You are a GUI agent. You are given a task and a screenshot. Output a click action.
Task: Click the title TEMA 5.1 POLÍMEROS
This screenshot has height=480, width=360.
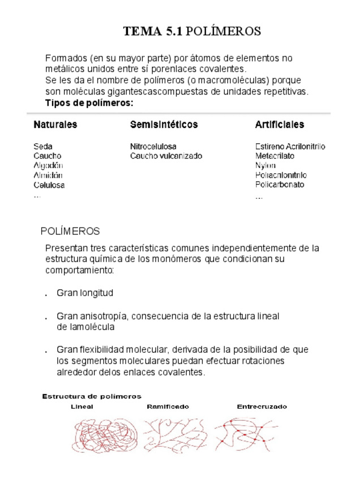click(x=192, y=31)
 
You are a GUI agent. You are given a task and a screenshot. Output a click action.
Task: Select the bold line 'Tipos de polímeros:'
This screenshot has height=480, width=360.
click(x=89, y=103)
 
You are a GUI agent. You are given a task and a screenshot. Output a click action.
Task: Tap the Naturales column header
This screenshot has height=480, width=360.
click(x=55, y=125)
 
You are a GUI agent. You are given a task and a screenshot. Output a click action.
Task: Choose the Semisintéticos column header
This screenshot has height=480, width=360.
click(x=164, y=125)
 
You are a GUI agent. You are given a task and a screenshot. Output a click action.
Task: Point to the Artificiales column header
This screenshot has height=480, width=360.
click(x=279, y=125)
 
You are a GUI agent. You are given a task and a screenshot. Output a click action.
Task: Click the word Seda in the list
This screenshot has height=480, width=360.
click(x=43, y=146)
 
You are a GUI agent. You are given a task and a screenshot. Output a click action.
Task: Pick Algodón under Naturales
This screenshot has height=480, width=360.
click(x=48, y=165)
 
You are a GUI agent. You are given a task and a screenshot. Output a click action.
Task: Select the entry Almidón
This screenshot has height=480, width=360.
click(x=48, y=175)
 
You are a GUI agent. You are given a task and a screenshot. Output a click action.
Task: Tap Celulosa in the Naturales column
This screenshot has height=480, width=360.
click(x=49, y=185)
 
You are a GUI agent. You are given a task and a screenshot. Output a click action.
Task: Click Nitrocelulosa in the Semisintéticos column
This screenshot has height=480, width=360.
click(x=153, y=146)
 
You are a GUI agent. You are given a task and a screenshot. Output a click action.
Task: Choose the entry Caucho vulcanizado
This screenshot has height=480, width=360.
click(x=166, y=156)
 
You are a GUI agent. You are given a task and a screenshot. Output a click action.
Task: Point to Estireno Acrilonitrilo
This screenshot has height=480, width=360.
click(x=290, y=146)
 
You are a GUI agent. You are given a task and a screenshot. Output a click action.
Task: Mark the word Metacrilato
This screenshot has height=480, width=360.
click(x=276, y=156)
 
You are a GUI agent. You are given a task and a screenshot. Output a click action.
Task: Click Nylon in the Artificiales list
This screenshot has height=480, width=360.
click(x=265, y=165)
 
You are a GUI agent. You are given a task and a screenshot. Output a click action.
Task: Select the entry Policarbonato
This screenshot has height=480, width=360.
click(x=280, y=185)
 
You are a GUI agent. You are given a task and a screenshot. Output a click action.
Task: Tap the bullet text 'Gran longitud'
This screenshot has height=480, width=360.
click(x=85, y=293)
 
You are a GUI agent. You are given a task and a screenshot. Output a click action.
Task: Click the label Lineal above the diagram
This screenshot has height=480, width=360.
click(x=82, y=406)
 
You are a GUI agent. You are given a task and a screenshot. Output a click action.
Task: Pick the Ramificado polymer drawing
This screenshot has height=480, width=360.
click(x=169, y=435)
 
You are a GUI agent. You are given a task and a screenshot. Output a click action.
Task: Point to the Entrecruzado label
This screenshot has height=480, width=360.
click(x=262, y=406)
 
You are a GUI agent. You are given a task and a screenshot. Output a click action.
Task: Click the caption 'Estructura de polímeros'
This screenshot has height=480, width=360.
click(x=92, y=396)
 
